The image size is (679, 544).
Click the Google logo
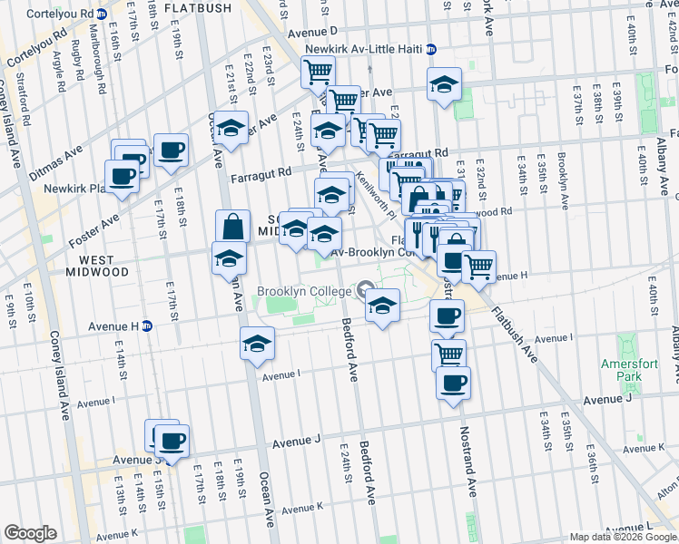tap(30, 533)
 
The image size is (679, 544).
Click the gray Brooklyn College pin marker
tap(367, 290)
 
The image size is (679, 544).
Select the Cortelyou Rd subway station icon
tap(102, 15)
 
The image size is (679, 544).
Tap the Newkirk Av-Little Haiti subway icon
tap(431, 49)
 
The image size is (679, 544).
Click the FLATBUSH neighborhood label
tap(199, 7)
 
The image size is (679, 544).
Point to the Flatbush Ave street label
tap(516, 335)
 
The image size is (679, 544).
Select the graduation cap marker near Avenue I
tap(258, 343)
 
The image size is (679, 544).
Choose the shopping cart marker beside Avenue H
tap(478, 266)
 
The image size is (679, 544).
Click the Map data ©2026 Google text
tap(622, 537)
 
